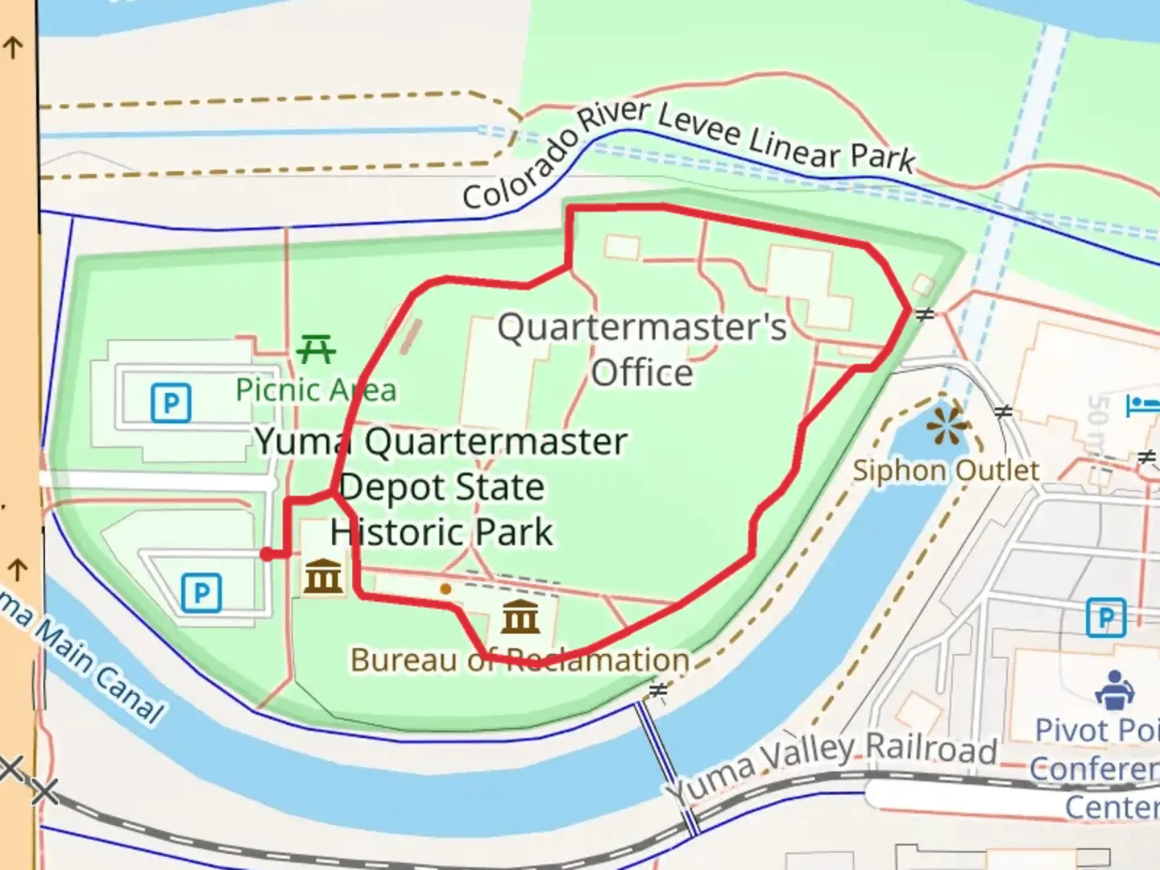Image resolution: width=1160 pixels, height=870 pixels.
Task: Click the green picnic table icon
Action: [x=316, y=350]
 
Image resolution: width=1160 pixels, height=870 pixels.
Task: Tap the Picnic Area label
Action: [x=316, y=390]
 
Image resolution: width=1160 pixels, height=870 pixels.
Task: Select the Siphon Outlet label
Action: [x=946, y=470]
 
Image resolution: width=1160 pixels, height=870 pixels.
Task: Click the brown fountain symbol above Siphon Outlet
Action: [x=947, y=425]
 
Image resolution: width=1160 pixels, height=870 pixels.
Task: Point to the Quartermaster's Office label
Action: [x=642, y=350]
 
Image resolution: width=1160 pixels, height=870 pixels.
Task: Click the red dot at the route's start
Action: [x=267, y=554]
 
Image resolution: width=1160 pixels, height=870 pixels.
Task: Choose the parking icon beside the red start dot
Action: [x=201, y=593]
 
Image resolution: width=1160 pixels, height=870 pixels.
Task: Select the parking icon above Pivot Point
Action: [x=1106, y=618]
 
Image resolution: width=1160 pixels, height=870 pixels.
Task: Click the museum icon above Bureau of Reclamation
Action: [x=520, y=616]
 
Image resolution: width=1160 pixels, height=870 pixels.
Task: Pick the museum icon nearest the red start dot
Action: [x=323, y=576]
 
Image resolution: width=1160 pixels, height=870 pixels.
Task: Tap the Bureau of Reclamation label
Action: [x=520, y=660]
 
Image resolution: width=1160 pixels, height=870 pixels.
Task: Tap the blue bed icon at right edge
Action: [x=1144, y=405]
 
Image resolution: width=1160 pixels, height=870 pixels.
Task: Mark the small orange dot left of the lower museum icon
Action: [x=445, y=589]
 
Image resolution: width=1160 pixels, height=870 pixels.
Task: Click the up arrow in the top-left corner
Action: [x=13, y=47]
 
